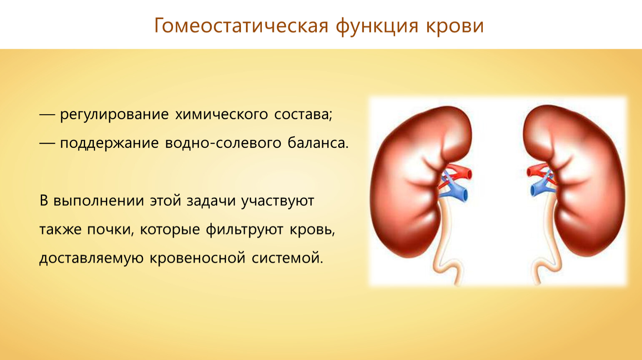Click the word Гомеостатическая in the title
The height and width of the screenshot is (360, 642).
[241, 26]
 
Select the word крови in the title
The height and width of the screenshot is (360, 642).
[454, 26]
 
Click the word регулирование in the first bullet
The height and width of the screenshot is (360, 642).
[114, 115]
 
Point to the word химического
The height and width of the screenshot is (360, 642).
[221, 115]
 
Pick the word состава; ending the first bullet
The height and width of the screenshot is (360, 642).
[303, 115]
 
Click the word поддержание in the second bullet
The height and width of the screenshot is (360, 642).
[109, 144]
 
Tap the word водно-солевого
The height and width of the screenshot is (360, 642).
[223, 143]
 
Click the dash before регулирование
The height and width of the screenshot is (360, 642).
[47, 115]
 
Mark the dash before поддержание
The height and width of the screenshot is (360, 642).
[47, 144]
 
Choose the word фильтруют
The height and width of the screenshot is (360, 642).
[244, 230]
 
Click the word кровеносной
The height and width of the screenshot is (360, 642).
[198, 258]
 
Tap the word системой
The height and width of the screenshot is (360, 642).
[288, 258]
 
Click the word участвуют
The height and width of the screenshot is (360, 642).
[278, 201]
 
